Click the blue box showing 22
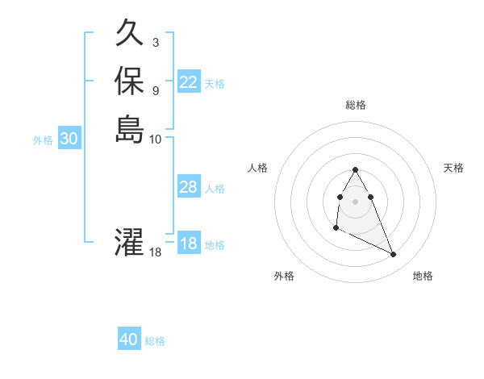point(189,81)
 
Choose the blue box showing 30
point(69,139)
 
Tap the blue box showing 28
point(189,187)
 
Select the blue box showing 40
point(129,339)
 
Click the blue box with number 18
point(189,244)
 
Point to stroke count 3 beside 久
point(155,42)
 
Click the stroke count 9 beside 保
point(155,90)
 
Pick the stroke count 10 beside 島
point(156,138)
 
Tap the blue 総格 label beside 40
point(155,341)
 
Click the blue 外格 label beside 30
point(43,140)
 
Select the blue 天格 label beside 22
point(215,83)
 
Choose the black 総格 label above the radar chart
point(355,105)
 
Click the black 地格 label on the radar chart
point(423,276)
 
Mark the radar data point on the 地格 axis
point(394,255)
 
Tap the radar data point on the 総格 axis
point(355,169)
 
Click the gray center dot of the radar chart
point(355,201)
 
